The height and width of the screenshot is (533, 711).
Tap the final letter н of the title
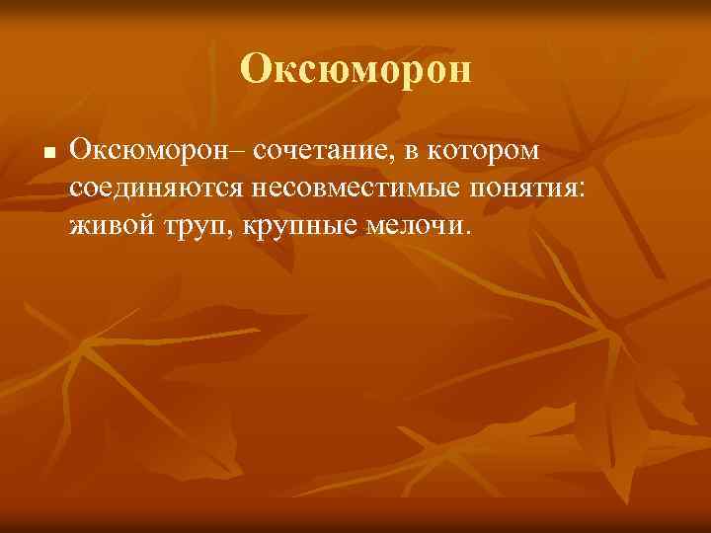tap(461, 70)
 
